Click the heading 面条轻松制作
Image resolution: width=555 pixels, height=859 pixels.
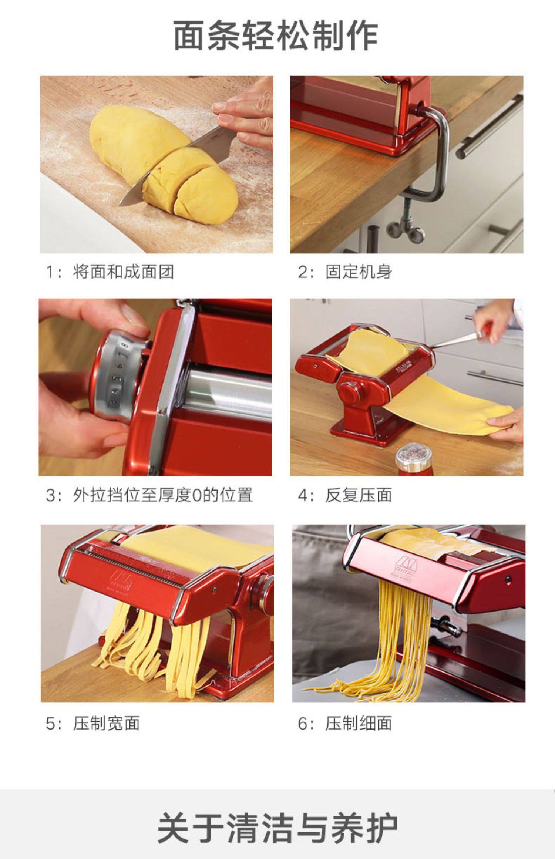point(276,36)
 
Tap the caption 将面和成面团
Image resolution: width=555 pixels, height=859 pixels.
point(123,272)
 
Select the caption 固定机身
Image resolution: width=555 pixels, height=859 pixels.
point(359,272)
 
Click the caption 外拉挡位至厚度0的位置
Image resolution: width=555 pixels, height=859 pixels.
point(163,495)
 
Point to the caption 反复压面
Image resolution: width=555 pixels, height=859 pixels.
point(359,495)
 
